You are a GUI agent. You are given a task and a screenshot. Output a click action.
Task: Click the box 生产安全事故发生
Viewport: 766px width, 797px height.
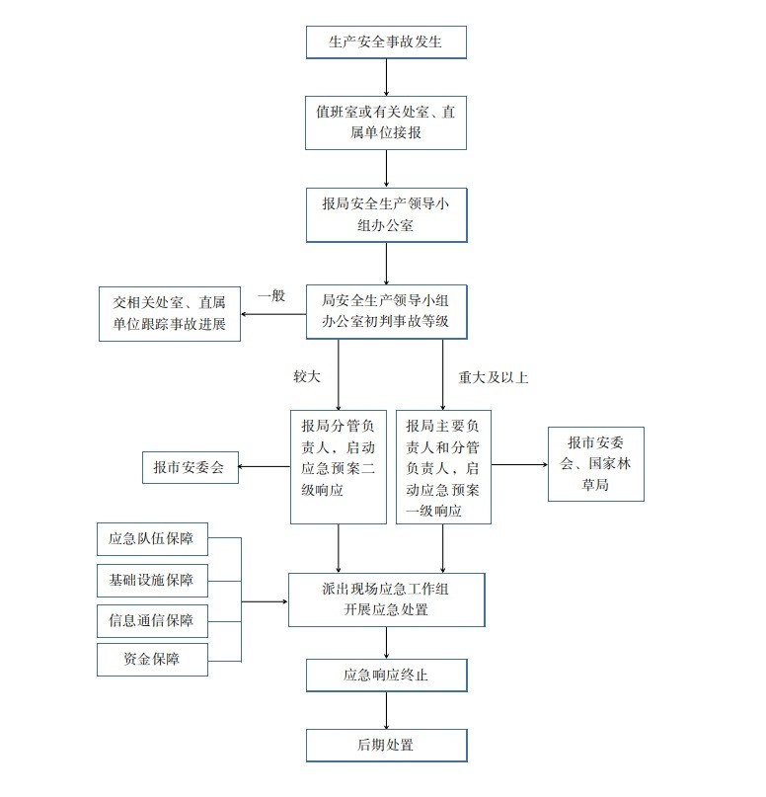385,42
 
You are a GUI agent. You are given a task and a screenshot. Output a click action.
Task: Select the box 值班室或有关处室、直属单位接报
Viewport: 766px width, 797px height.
385,122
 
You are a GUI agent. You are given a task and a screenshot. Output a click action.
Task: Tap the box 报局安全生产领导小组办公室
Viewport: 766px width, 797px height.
385,214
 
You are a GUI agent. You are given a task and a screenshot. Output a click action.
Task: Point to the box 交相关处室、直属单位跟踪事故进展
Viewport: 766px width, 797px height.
170,313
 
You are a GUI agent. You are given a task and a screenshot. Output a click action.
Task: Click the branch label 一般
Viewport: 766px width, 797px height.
271,295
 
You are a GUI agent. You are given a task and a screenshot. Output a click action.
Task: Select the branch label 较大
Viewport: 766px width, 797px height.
306,376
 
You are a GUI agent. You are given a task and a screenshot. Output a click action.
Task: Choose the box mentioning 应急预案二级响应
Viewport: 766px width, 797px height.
338,466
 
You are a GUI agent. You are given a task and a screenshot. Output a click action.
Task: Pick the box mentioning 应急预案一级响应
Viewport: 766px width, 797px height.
443,466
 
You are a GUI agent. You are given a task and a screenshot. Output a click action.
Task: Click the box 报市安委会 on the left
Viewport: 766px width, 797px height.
191,467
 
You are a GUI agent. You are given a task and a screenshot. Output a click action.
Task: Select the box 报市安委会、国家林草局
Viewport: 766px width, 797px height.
595,464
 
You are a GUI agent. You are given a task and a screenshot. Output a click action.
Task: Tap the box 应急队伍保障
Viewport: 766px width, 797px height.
152,539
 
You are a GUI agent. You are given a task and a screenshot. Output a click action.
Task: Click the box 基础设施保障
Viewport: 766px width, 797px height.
152,580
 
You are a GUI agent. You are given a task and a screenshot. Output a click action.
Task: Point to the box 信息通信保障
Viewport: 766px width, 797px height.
152,621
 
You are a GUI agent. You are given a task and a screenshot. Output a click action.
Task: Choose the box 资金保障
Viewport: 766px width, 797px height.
152,659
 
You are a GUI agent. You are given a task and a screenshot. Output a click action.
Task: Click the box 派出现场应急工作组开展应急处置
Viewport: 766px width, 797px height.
386,599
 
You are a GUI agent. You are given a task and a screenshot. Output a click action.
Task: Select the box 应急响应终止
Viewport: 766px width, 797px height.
385,677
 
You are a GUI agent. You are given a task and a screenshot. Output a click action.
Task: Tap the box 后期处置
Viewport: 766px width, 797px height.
385,745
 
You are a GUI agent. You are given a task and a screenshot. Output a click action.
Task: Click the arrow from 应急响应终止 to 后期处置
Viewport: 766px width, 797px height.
386,710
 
